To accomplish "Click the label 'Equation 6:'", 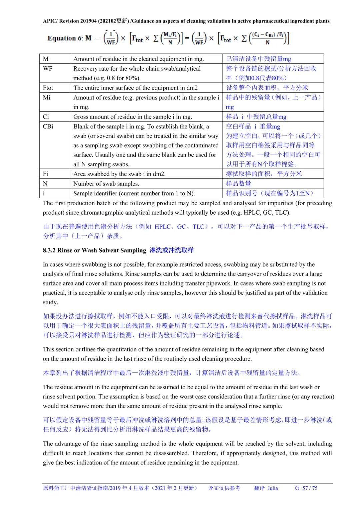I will [x=65, y=38].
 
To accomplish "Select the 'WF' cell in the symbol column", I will [x=48, y=69].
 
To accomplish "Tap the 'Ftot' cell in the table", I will [x=48, y=88].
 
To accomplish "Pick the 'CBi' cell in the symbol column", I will [x=48, y=126].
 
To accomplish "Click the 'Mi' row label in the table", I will [x=47, y=97].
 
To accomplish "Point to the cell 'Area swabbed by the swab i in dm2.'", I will [x=119, y=174].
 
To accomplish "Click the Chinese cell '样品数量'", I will [x=239, y=184].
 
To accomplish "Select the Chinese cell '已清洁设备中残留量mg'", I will [x=258, y=59].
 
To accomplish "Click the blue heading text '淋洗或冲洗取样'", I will [x=171, y=250].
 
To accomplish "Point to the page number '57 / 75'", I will [x=310, y=488].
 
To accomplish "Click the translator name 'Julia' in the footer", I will [x=272, y=488].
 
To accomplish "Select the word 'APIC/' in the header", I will [x=50, y=21].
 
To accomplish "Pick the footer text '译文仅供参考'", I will [x=224, y=488].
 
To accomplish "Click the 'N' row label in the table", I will [x=45, y=184].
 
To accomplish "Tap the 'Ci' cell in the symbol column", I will [x=46, y=117].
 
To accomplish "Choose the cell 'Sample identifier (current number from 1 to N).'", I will [x=134, y=193].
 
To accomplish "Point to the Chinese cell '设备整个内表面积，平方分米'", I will [x=267, y=88].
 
